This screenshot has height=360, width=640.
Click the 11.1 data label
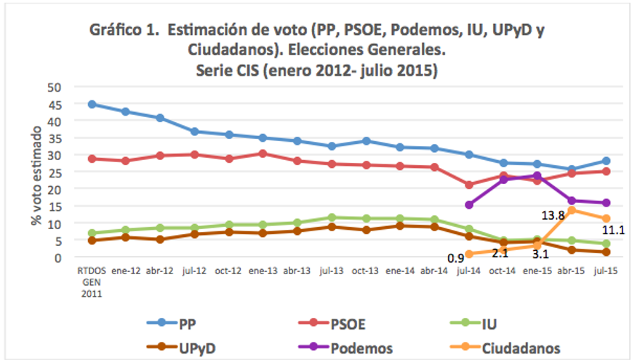pos(613,231)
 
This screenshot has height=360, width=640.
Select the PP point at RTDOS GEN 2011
pos(92,104)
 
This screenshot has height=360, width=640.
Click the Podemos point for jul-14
pos(469,204)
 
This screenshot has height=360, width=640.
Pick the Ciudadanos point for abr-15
pos(572,210)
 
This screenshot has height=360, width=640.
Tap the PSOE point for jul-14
pos(469,185)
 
